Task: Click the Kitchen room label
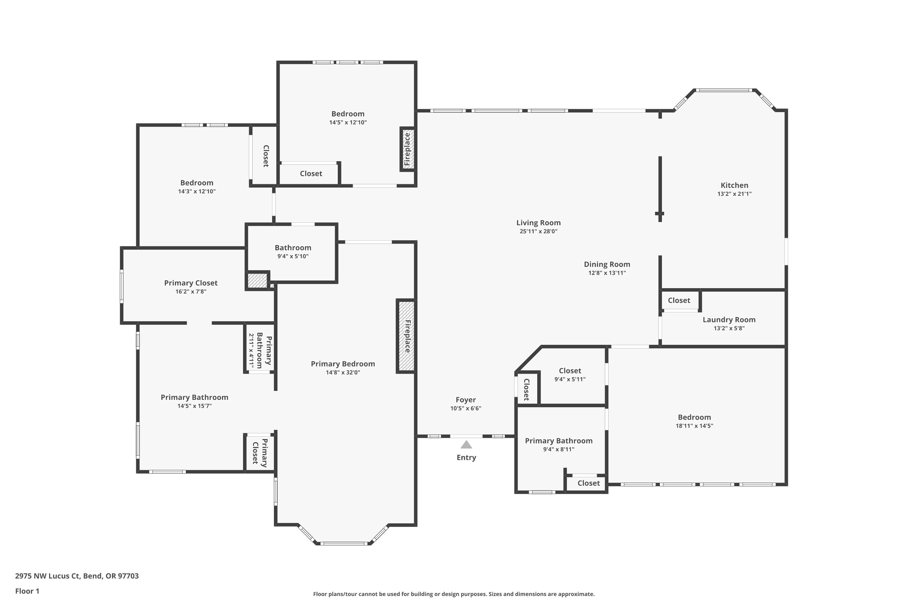tap(734, 185)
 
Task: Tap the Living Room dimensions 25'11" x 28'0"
tap(538, 231)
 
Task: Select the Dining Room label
tap(607, 264)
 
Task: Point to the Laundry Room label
tap(729, 320)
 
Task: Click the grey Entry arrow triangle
tap(466, 445)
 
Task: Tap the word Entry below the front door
tap(466, 458)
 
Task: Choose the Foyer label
tap(466, 400)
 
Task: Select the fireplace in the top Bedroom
tap(408, 149)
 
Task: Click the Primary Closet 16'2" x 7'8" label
tap(191, 287)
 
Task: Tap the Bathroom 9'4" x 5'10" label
tap(293, 251)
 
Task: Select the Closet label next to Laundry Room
tap(679, 300)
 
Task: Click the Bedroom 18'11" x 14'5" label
tap(695, 421)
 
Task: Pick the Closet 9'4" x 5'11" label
tap(570, 375)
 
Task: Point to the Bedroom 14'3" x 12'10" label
tap(197, 187)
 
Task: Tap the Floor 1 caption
tap(27, 591)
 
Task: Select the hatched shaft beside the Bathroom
tap(257, 281)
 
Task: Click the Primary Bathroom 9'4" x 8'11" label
tap(559, 445)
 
